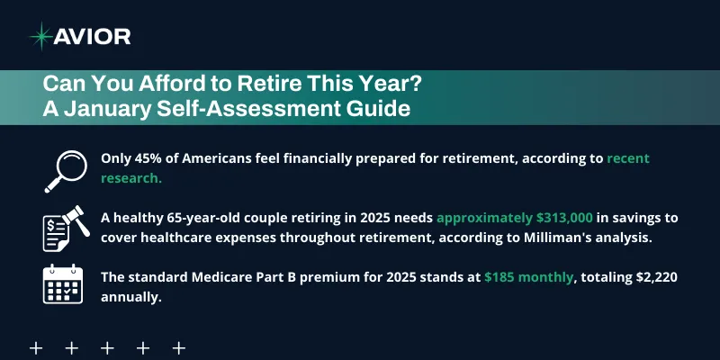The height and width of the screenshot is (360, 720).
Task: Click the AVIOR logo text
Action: point(93,36)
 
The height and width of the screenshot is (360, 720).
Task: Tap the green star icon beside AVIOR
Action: point(40,36)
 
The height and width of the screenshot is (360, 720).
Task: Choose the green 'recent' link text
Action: point(628,158)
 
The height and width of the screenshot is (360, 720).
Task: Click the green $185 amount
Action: point(501,278)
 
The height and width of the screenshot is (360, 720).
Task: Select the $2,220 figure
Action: point(663,278)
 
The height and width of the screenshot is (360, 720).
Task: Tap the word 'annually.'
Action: point(131,298)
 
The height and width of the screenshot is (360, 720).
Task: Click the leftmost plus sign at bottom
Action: point(37,347)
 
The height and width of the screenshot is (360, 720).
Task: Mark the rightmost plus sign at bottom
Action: point(178,347)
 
